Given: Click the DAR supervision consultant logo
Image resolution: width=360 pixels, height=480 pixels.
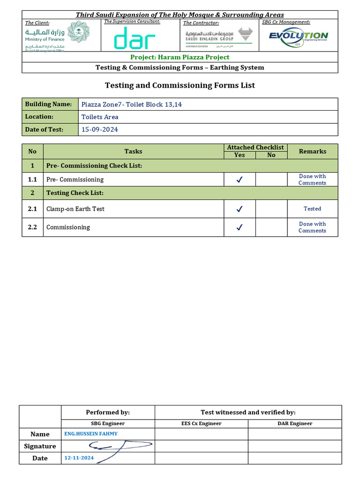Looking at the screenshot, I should click(135, 38).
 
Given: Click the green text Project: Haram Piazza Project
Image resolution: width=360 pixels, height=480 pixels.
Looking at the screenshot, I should click(180, 57).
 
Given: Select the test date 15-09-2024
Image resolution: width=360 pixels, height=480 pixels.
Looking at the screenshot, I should click(99, 129).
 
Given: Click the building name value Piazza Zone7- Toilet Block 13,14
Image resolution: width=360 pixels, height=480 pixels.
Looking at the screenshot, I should click(131, 104).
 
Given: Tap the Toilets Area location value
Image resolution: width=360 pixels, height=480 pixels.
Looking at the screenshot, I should click(100, 117).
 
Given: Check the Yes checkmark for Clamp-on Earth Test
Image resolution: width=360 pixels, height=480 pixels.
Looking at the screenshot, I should click(240, 209).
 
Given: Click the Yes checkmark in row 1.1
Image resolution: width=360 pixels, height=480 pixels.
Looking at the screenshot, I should click(240, 180).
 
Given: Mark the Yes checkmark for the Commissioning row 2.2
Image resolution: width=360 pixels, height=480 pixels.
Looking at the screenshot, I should click(240, 227).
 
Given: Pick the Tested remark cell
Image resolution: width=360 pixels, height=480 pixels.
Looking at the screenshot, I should click(312, 209).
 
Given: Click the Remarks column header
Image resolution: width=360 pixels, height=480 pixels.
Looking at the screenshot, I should click(312, 151).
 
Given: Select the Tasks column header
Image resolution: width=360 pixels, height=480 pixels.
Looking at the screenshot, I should click(133, 151).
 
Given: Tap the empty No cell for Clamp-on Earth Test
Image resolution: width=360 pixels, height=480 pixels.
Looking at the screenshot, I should click(271, 209).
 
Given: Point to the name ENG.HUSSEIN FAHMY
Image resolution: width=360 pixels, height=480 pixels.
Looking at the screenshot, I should click(91, 434).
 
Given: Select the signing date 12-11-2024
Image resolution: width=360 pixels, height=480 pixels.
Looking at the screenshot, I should click(79, 457).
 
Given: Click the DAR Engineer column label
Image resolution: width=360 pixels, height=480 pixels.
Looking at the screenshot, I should click(294, 423).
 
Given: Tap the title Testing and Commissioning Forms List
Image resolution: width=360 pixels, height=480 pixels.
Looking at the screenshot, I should click(180, 85).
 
